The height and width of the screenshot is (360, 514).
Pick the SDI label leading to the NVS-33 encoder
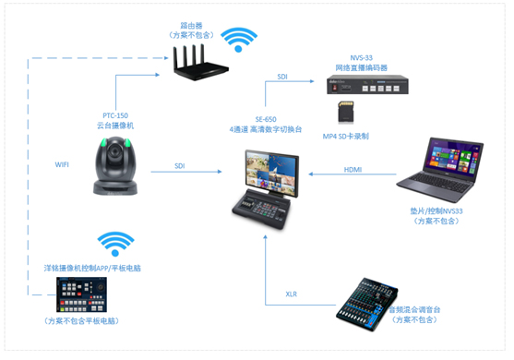[x=281, y=80]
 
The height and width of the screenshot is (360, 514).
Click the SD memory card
[x=347, y=114]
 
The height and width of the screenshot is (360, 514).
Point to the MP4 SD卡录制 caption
[x=346, y=137]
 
